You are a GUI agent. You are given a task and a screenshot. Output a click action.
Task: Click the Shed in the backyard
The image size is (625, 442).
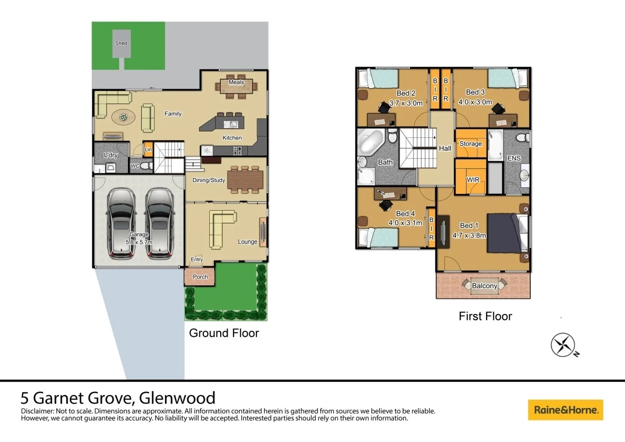tap(122, 44)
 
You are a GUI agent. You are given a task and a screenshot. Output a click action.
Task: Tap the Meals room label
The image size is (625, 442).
tap(236, 82)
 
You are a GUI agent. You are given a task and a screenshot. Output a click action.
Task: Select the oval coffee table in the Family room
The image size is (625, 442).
tap(123, 117)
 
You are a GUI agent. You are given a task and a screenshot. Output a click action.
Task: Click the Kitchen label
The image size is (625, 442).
tap(232, 138)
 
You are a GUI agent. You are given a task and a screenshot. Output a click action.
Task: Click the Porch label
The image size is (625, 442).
tap(200, 277)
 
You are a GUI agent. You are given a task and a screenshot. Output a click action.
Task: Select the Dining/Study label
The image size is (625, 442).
tap(209, 180)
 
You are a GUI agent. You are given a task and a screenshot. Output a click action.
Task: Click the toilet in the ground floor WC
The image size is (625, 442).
tap(146, 166)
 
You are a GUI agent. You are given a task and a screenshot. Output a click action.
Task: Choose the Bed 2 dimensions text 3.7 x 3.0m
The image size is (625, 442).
tap(406, 103)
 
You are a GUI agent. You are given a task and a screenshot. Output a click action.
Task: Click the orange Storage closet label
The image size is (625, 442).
tap(471, 144)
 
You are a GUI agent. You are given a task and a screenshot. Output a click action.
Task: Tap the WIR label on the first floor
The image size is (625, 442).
tap(473, 180)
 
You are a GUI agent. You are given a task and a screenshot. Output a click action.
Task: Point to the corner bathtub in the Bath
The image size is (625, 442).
tap(371, 142)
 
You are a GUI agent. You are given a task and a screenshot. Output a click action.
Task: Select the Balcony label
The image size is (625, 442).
tap(484, 286)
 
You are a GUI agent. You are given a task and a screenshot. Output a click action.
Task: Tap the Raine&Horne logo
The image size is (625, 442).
tap(566, 410)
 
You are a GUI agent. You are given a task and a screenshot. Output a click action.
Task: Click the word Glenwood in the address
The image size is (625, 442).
tap(177, 398)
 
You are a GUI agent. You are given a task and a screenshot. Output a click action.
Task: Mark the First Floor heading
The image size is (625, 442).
tap(485, 316)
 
